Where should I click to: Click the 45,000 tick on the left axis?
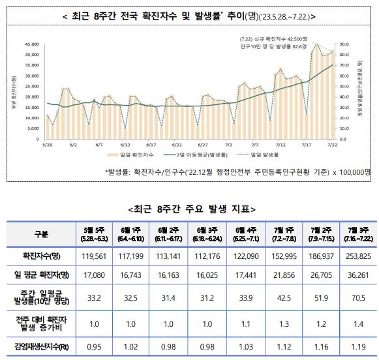[31, 44]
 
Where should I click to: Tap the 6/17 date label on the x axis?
[151, 145]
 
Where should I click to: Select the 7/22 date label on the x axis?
[332, 145]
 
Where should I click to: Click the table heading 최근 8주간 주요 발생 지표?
[189, 209]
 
